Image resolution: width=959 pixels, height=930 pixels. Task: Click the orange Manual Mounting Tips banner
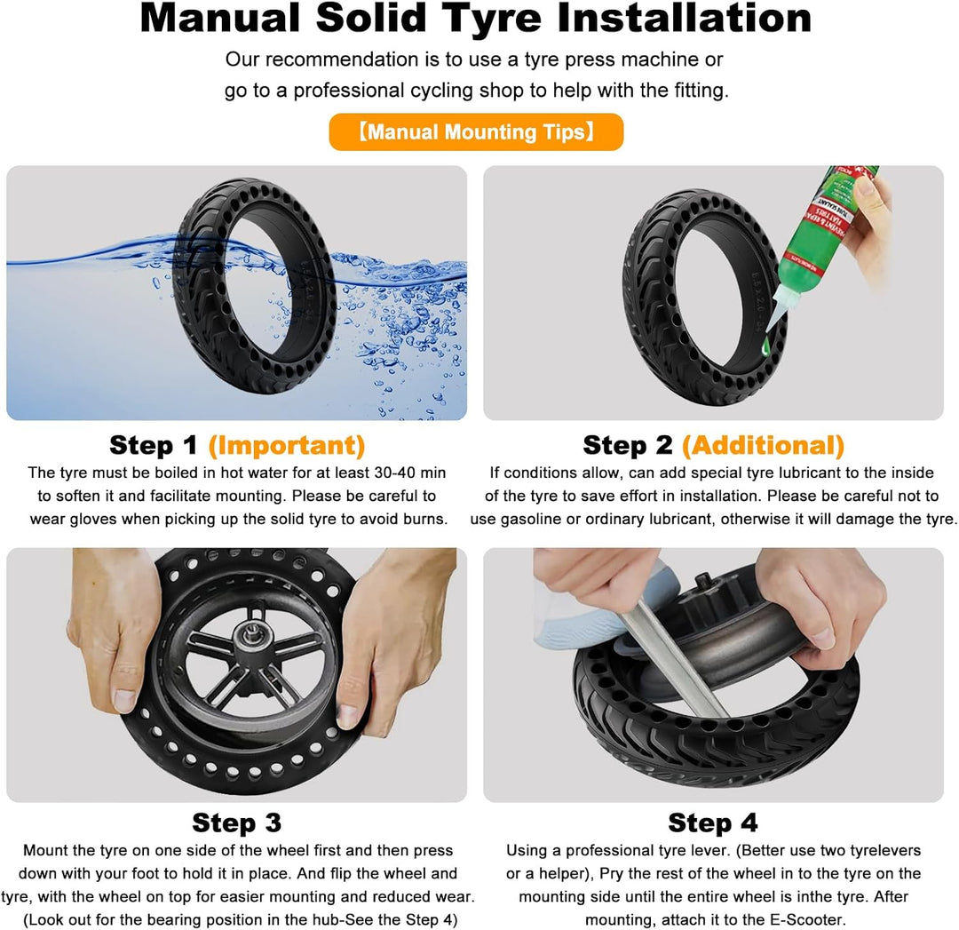point(476,131)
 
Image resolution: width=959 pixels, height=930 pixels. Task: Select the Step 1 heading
point(154,445)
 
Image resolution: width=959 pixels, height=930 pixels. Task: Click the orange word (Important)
point(287,445)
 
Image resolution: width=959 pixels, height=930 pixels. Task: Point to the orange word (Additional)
point(763,445)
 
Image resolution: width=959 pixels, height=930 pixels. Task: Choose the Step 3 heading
point(237,823)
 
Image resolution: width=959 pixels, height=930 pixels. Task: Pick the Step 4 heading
point(712,823)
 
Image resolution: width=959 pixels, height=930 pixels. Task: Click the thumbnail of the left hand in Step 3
point(125,700)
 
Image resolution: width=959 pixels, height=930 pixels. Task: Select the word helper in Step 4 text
point(561,873)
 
